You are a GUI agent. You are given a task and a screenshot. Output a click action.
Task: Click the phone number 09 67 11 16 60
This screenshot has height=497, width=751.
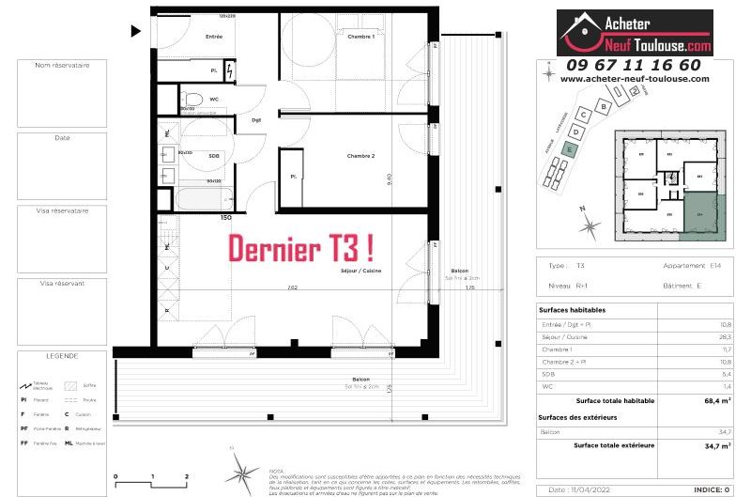point(633,64)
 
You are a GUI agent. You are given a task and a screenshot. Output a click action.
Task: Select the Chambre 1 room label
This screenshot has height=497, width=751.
point(360,37)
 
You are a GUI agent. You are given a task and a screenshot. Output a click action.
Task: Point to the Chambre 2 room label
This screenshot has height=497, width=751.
point(360,155)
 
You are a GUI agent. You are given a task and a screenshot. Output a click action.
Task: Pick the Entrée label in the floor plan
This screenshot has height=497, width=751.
point(214,37)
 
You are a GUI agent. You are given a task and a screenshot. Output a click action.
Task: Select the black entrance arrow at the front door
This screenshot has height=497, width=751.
point(136,31)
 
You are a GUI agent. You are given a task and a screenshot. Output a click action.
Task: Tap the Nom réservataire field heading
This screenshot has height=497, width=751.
point(62,66)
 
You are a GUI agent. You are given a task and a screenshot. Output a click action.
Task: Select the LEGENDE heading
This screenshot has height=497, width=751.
point(62,356)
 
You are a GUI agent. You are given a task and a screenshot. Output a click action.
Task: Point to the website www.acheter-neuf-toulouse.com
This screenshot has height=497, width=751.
point(633,79)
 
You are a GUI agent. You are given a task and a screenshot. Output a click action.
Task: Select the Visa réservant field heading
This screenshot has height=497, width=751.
point(62,283)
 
